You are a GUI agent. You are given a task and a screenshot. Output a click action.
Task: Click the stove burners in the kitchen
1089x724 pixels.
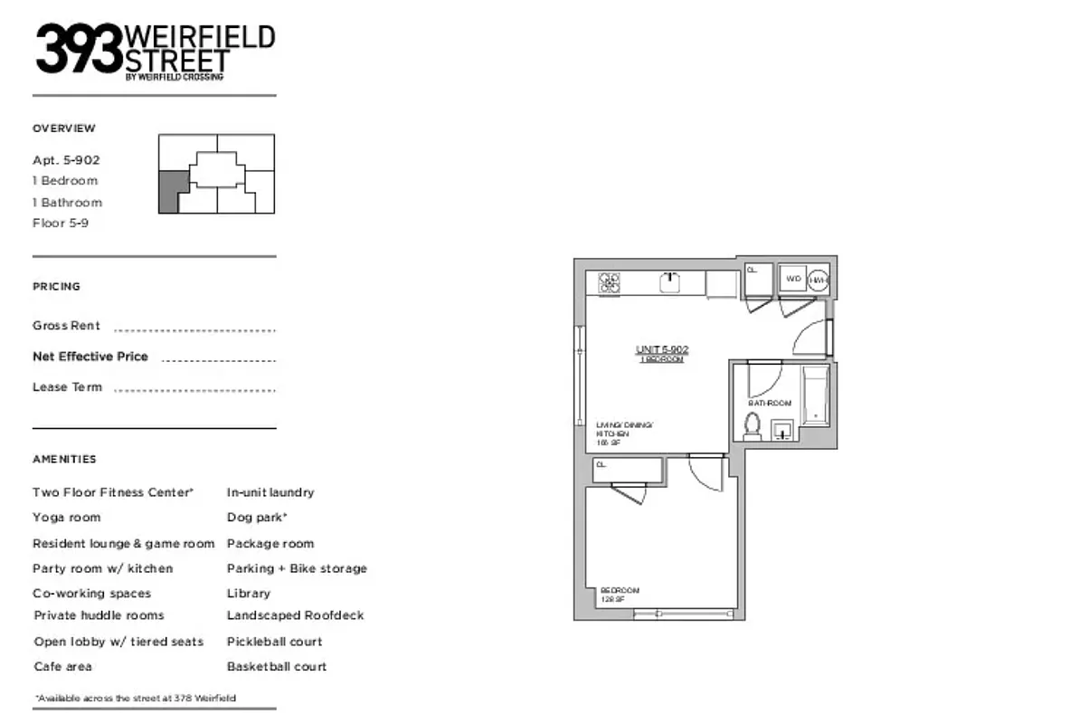click(x=610, y=283)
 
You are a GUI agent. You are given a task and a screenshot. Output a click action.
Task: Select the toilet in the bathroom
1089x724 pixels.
click(x=752, y=424)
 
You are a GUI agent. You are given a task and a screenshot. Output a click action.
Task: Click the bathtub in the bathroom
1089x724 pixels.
click(x=816, y=396)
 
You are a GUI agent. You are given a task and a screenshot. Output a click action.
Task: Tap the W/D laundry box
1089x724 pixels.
click(x=792, y=279)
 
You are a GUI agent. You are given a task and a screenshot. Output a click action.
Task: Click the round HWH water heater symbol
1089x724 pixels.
click(x=818, y=281)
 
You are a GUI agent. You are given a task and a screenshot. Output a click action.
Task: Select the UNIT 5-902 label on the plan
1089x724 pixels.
click(x=662, y=349)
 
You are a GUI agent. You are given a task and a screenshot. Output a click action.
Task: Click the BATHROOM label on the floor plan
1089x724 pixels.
click(x=770, y=403)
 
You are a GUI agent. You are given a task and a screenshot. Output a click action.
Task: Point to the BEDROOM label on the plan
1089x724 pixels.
click(x=620, y=590)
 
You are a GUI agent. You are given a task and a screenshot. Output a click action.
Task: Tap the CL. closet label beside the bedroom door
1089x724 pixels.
click(x=601, y=465)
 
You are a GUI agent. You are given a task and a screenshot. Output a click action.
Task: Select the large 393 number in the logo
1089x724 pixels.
click(x=78, y=49)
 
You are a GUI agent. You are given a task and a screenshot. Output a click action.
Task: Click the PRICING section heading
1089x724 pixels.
click(x=56, y=287)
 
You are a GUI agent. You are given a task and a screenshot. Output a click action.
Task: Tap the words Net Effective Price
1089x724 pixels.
click(x=90, y=357)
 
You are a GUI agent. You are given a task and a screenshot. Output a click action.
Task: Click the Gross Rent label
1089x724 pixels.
click(x=67, y=326)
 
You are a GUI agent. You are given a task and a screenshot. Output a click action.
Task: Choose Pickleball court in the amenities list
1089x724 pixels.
click(x=275, y=642)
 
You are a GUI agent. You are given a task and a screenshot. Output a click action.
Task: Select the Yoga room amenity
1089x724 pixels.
click(x=67, y=518)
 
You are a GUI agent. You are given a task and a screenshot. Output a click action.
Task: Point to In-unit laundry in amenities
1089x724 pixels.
click(x=270, y=492)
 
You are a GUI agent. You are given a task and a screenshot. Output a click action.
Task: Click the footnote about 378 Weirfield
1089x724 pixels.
click(x=139, y=698)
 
